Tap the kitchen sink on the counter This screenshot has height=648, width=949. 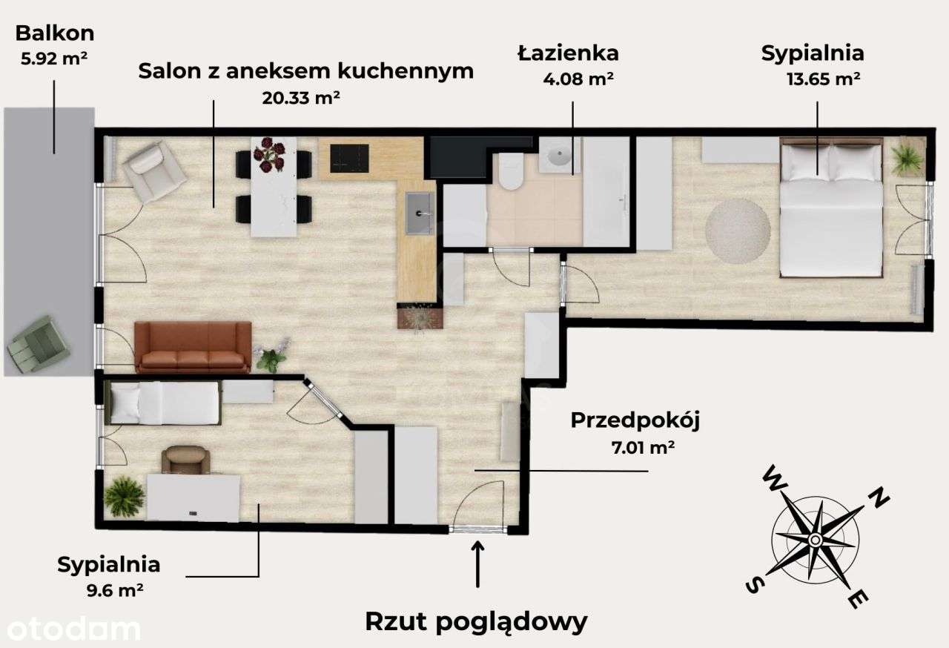(x=420, y=213)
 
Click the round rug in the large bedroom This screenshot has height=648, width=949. (x=737, y=231)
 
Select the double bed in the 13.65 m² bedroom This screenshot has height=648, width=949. (x=832, y=208)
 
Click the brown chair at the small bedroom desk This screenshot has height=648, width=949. (x=185, y=460)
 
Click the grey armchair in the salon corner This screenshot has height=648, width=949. (x=153, y=172)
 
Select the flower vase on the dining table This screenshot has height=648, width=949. (x=268, y=155)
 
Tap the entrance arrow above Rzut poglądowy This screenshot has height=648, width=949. (x=478, y=564)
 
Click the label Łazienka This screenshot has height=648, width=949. (x=568, y=53)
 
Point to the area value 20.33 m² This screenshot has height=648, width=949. (x=301, y=97)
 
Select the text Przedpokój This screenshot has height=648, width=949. (x=635, y=420)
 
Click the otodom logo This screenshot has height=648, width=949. (x=70, y=629)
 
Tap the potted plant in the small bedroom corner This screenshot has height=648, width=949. (x=125, y=497)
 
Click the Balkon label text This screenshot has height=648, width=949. (x=55, y=33)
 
